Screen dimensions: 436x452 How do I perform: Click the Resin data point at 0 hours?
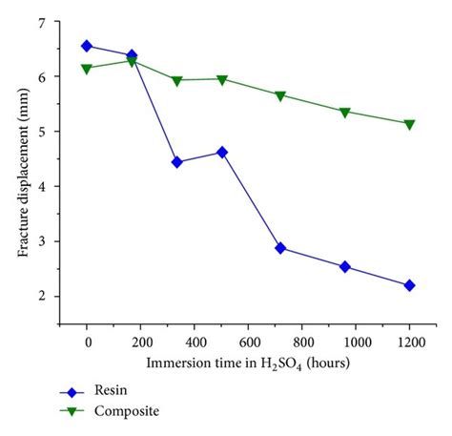click(87, 46)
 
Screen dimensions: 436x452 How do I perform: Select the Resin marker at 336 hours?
click(176, 162)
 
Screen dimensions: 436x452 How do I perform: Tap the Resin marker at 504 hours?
click(222, 152)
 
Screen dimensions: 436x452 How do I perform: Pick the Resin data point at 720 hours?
click(280, 248)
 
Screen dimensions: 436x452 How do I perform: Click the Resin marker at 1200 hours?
click(409, 285)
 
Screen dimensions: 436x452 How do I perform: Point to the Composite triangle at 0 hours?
click(87, 69)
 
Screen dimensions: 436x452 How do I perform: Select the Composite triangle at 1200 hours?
click(409, 124)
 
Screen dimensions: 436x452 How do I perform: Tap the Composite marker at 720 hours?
click(280, 96)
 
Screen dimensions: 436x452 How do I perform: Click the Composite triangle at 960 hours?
click(344, 113)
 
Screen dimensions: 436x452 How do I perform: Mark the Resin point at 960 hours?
click(344, 267)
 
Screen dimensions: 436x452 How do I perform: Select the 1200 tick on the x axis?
click(409, 342)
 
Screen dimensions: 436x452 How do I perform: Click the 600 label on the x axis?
click(248, 342)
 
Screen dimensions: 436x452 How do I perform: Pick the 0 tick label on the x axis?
click(87, 342)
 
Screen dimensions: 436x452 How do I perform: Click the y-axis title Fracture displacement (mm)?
click(21, 160)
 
